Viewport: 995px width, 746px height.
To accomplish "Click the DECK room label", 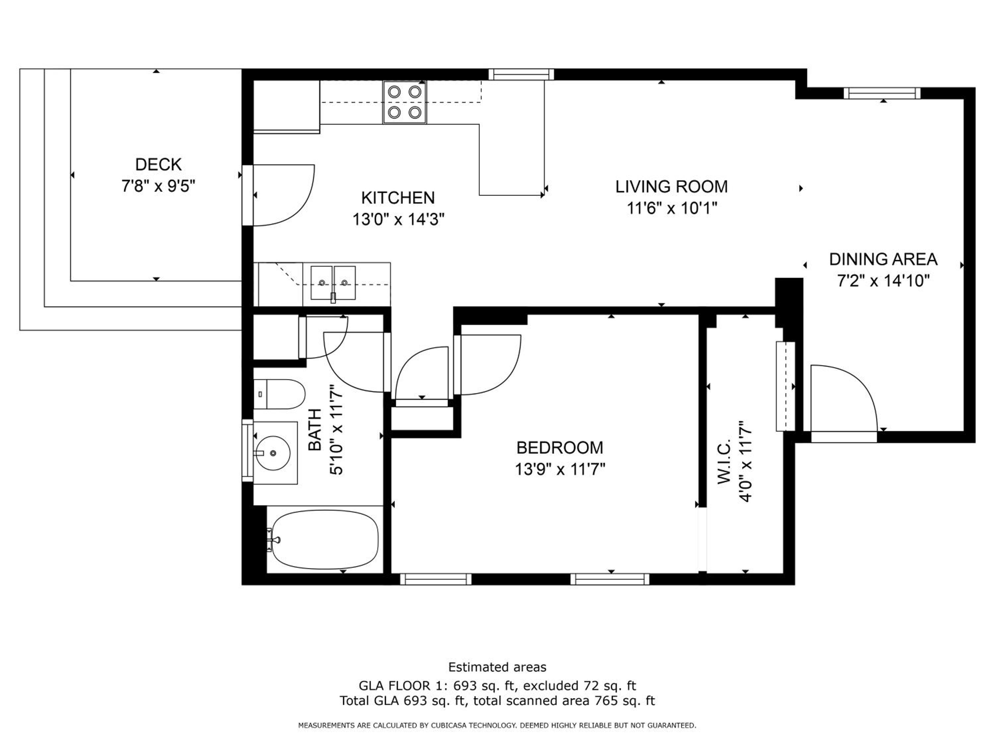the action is click(x=158, y=164).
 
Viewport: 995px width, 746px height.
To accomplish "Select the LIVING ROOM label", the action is click(x=672, y=187).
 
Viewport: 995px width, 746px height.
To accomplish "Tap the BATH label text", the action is click(x=315, y=430).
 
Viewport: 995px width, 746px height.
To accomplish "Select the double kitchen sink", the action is click(x=333, y=283).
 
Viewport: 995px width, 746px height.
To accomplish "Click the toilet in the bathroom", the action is click(x=279, y=394).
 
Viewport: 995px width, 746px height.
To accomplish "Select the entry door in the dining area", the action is click(x=844, y=400).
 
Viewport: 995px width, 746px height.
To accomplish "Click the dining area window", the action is click(x=882, y=93).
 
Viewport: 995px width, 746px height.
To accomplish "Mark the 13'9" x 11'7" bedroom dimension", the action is click(x=560, y=469).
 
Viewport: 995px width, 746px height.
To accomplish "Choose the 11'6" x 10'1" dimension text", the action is click(x=672, y=208).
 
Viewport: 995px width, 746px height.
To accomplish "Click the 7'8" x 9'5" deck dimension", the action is click(x=158, y=186).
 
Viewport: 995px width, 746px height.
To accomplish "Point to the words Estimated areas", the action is click(x=497, y=667).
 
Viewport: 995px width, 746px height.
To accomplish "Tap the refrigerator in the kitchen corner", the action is click(x=287, y=106).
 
